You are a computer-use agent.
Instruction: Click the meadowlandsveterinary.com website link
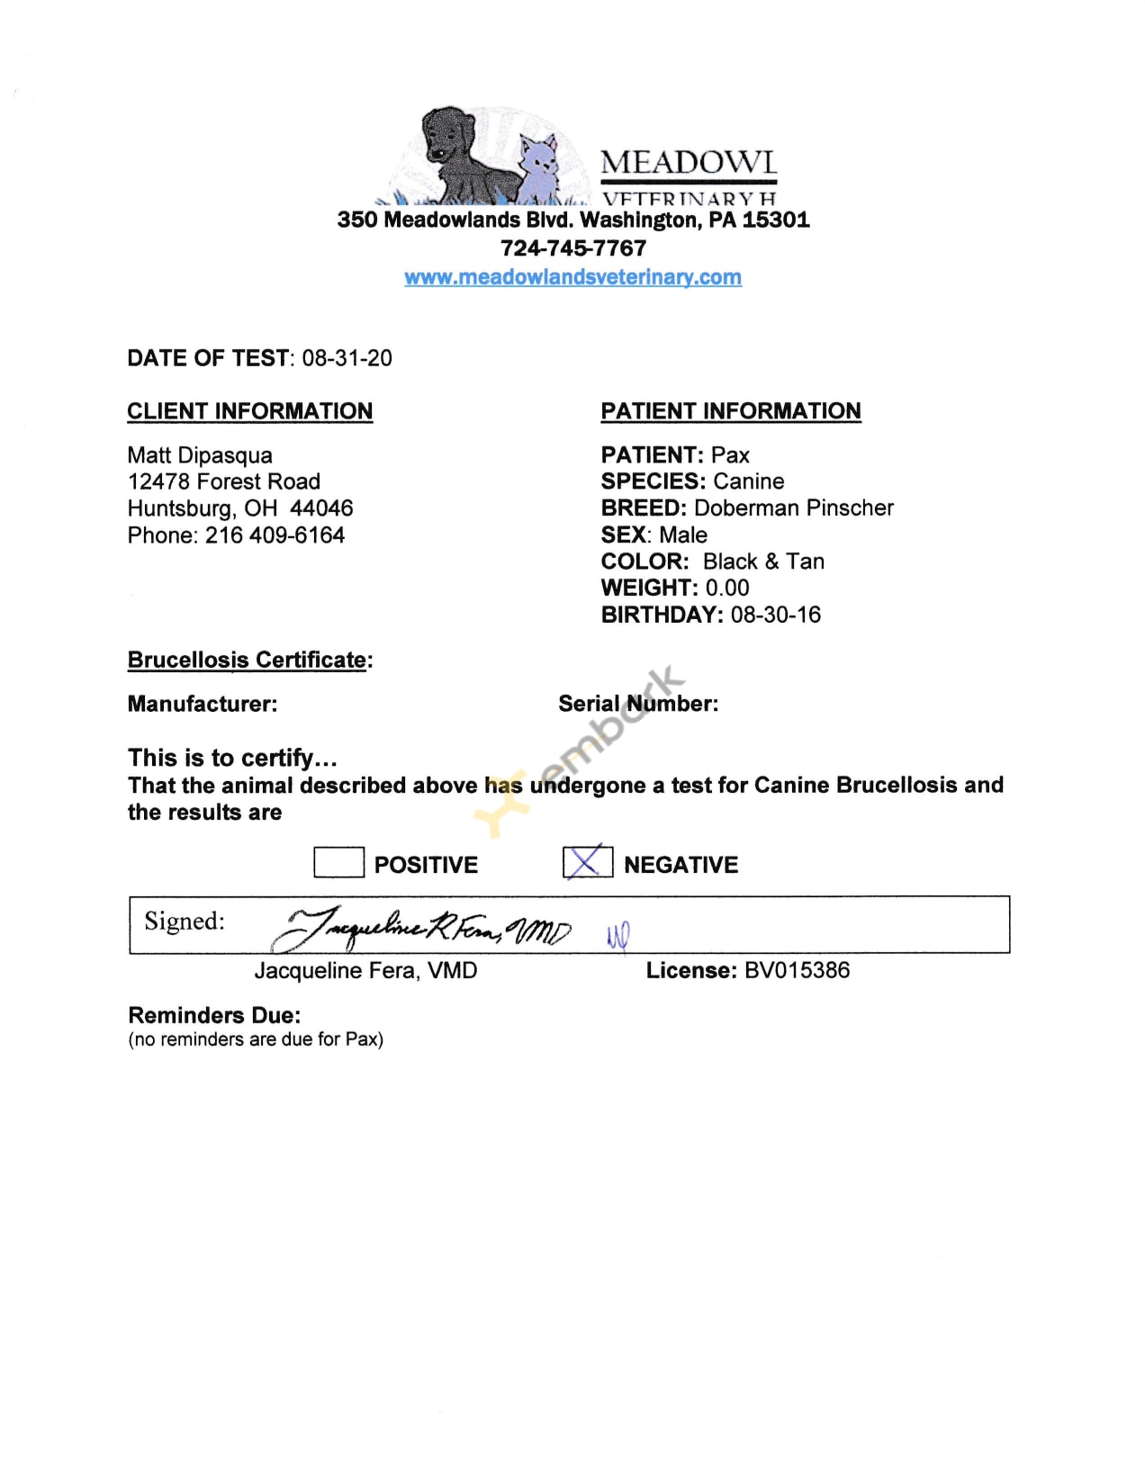pyautogui.click(x=572, y=277)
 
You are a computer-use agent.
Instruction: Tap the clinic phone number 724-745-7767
pyautogui.click(x=573, y=248)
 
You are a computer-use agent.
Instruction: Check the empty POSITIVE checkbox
pyautogui.click(x=338, y=862)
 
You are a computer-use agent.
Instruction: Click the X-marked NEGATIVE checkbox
pyautogui.click(x=587, y=862)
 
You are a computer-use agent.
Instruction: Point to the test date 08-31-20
pyautogui.click(x=347, y=358)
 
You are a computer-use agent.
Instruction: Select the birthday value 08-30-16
pyautogui.click(x=775, y=615)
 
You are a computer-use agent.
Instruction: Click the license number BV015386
pyautogui.click(x=797, y=970)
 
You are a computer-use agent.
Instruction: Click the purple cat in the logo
pyautogui.click(x=543, y=166)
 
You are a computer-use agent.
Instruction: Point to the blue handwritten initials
pyautogui.click(x=618, y=936)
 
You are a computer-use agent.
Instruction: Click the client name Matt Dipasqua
pyautogui.click(x=200, y=455)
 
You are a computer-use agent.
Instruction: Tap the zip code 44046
pyautogui.click(x=321, y=508)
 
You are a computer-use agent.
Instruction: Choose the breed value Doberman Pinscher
pyautogui.click(x=793, y=508)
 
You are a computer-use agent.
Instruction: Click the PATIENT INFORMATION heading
pyautogui.click(x=731, y=411)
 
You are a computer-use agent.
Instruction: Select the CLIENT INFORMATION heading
pyautogui.click(x=249, y=411)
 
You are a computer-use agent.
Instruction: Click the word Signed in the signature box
pyautogui.click(x=184, y=921)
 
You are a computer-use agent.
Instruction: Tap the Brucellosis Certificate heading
pyautogui.click(x=248, y=660)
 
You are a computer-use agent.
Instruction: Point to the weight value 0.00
pyautogui.click(x=726, y=588)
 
